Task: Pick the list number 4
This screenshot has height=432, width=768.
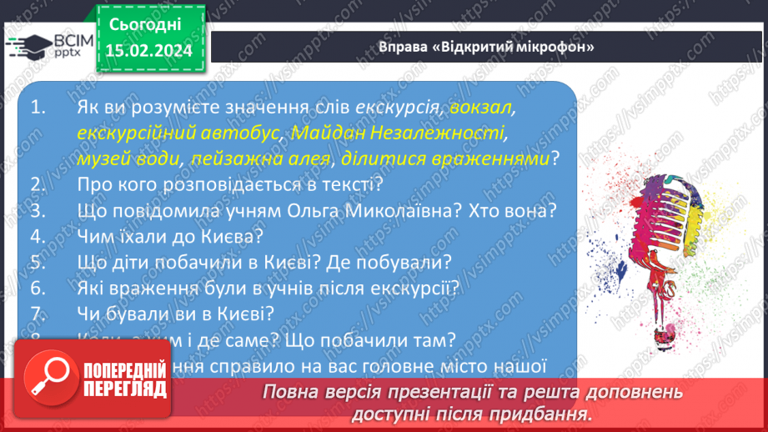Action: pos(36,236)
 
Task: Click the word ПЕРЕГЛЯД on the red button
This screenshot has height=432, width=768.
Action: pos(123,389)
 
